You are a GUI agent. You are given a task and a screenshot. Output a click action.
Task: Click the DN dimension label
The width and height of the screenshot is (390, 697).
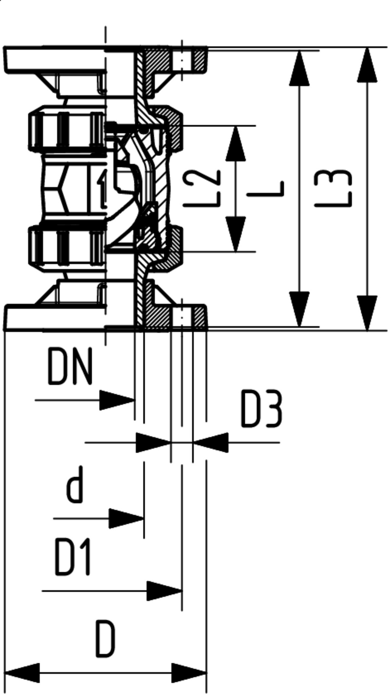click(x=70, y=366)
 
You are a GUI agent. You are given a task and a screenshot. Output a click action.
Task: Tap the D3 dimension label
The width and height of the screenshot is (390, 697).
click(x=261, y=410)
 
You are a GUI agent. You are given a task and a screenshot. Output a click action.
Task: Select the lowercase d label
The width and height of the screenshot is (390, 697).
click(x=75, y=484)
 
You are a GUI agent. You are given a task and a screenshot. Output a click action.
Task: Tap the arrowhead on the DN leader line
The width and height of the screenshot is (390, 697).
click(x=117, y=400)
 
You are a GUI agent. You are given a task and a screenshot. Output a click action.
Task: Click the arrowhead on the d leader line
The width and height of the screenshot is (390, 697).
click(x=127, y=519)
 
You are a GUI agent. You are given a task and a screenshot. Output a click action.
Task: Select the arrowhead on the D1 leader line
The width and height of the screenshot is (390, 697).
click(x=164, y=591)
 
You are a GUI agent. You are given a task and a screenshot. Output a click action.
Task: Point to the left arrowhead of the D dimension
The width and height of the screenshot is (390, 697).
click(x=22, y=673)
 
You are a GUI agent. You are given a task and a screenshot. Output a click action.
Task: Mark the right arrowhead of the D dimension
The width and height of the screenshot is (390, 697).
click(x=189, y=673)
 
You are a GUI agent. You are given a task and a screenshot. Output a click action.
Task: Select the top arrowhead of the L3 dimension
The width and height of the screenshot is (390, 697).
click(x=367, y=65)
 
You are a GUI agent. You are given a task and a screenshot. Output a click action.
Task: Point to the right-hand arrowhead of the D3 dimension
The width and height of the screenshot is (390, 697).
click(x=211, y=443)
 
